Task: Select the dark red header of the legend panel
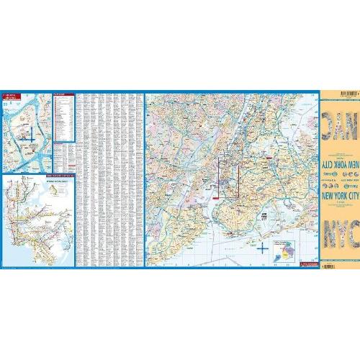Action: coord(63,94)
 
